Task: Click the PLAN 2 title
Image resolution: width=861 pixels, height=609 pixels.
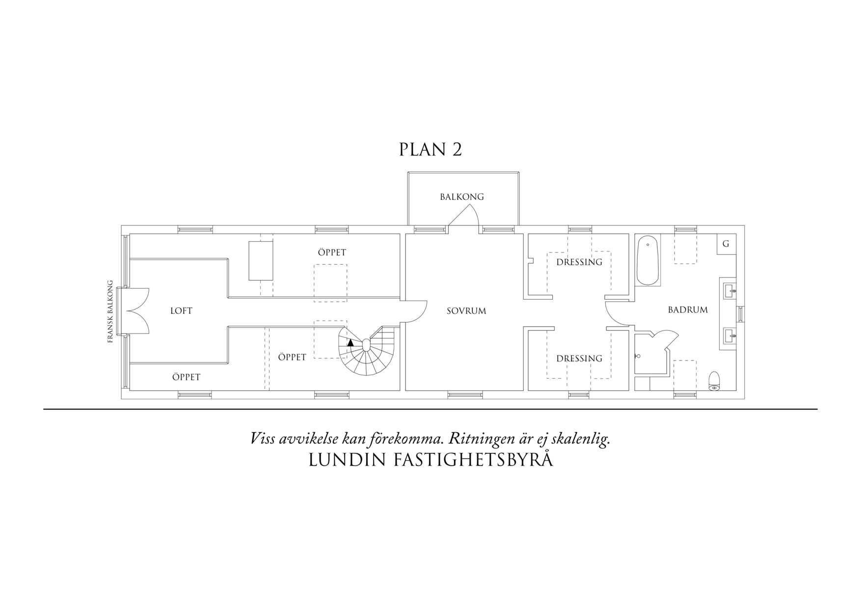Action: tap(430, 150)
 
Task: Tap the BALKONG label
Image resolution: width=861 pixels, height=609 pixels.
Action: tap(461, 197)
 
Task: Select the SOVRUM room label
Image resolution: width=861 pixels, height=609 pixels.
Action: tap(466, 311)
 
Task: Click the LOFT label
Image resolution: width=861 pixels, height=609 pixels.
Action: tap(181, 311)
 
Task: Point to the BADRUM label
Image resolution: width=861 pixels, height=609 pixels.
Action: tap(687, 310)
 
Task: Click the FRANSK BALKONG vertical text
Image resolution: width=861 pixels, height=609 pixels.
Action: tap(110, 311)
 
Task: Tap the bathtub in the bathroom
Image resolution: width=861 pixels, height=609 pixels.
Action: tap(648, 260)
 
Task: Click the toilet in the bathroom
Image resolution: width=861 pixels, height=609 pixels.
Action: tap(714, 381)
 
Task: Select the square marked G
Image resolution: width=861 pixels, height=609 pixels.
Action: tap(726, 244)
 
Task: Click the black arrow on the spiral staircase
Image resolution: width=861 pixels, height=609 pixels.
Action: tap(350, 343)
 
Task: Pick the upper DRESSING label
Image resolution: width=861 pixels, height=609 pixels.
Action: tap(579, 262)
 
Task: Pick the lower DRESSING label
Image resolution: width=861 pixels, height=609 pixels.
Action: tap(579, 359)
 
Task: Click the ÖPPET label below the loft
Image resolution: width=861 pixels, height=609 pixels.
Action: tap(186, 377)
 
